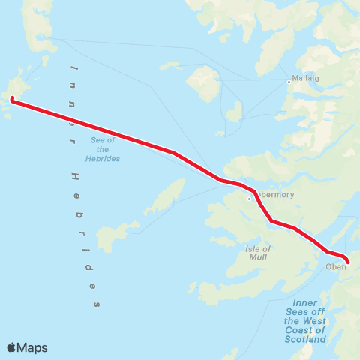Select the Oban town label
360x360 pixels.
[335, 266]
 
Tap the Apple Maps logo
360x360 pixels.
[27, 347]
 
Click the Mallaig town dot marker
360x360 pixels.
[289, 82]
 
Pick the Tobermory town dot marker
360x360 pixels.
[250, 199]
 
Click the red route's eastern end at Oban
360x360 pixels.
[347, 262]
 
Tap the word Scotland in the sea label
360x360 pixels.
[305, 339]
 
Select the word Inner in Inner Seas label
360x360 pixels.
[305, 303]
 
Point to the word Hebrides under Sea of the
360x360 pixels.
[103, 158]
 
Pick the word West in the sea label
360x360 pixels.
[315, 321]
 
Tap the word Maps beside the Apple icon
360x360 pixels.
[33, 347]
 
